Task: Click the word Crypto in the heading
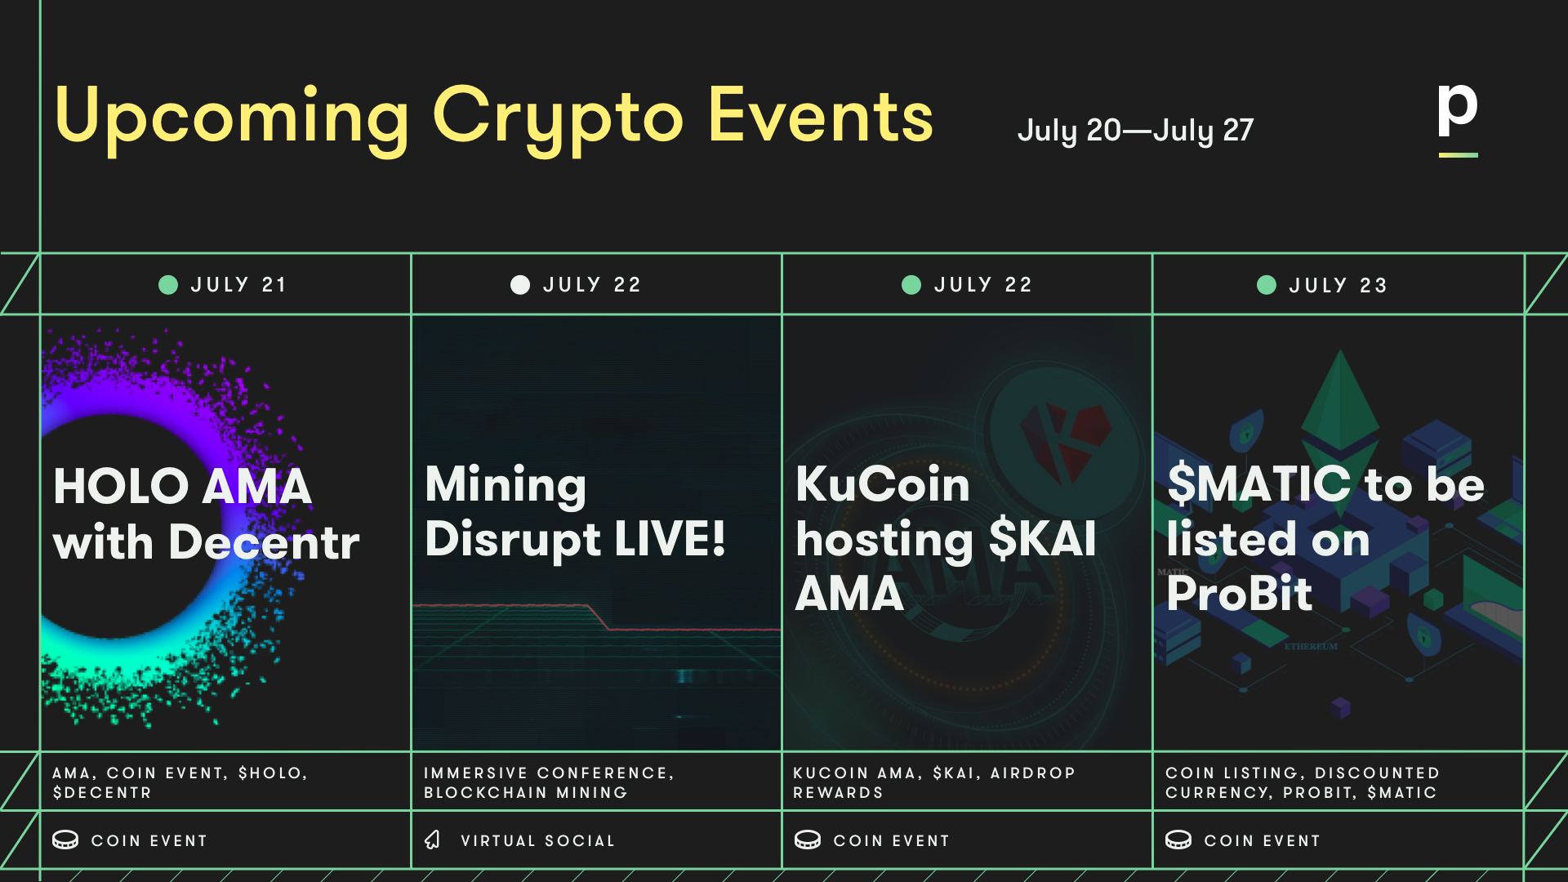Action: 558,119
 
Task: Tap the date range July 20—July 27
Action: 1135,131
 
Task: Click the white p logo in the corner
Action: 1458,110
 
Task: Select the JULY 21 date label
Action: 238,284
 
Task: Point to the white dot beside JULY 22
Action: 520,284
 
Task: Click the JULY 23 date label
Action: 1339,285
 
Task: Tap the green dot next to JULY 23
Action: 1267,284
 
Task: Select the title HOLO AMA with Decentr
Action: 206,514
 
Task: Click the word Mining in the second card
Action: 506,485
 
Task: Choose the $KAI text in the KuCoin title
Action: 1042,539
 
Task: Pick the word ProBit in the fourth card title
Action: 1240,593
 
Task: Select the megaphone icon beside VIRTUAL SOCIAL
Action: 433,840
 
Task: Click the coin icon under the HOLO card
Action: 65,840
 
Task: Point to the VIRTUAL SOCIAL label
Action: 537,840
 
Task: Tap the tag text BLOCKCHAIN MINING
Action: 525,792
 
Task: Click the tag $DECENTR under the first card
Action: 102,792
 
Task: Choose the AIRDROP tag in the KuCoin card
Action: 1033,773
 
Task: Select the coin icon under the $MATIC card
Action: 1178,840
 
